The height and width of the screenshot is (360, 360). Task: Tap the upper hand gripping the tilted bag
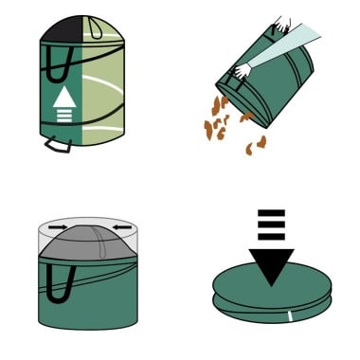point(281,24)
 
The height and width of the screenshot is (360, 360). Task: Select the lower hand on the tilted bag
point(243,69)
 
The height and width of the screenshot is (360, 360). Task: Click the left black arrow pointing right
point(56,228)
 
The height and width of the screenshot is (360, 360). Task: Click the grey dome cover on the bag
point(87,243)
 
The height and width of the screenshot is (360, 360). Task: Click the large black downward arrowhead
point(272,265)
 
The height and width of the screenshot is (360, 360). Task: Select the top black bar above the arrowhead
point(272,212)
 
